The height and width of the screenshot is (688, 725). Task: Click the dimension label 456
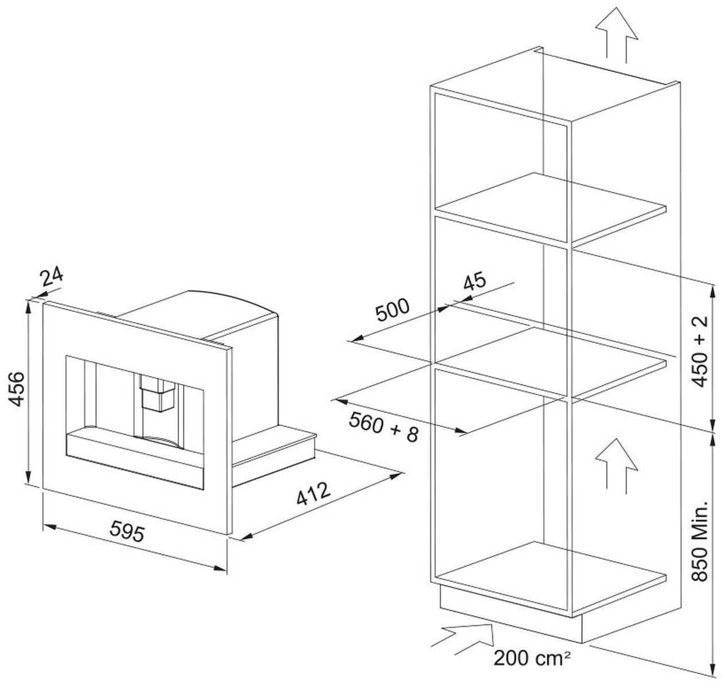[16, 389]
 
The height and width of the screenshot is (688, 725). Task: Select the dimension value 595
[127, 531]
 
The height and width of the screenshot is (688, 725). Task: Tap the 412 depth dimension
[313, 494]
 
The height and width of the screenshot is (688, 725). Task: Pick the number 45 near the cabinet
[475, 282]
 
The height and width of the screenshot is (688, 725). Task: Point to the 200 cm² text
[532, 658]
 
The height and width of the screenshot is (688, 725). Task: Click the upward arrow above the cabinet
[616, 35]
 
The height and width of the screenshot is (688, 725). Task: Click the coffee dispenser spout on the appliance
[157, 393]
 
